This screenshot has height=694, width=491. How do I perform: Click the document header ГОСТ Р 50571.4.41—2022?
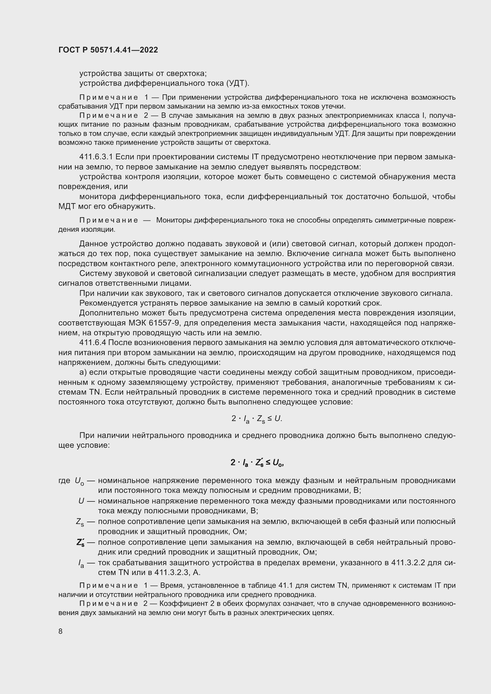pyautogui.click(x=108, y=50)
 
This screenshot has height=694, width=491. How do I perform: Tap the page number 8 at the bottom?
pyautogui.click(x=61, y=631)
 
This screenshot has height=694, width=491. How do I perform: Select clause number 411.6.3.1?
pyautogui.click(x=96, y=157)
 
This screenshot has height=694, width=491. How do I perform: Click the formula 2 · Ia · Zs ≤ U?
pyautogui.click(x=257, y=419)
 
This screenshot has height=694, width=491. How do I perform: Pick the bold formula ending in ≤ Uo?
pyautogui.click(x=257, y=463)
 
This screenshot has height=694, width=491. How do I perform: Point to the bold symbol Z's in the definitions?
pyautogui.click(x=80, y=543)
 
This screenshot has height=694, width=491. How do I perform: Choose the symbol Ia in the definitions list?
pyautogui.click(x=81, y=563)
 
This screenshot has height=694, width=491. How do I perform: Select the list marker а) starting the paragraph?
pyautogui.click(x=83, y=372)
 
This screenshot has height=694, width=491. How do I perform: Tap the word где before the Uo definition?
pyautogui.click(x=64, y=481)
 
